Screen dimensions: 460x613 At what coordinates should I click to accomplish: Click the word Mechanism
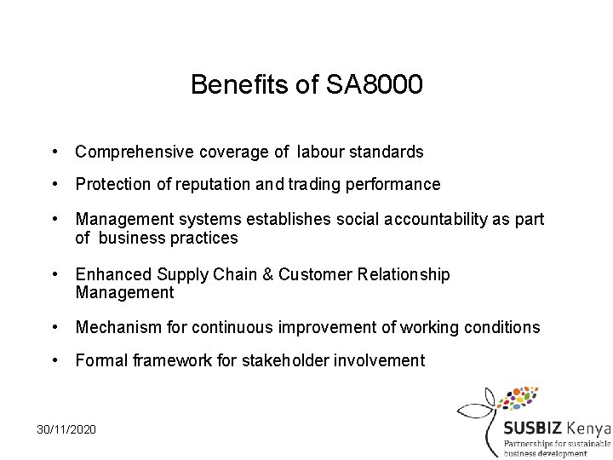click(x=117, y=328)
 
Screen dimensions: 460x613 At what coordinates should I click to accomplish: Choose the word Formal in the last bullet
click(x=100, y=360)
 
